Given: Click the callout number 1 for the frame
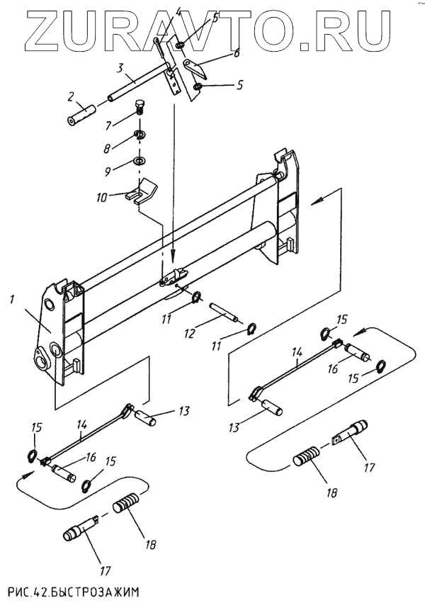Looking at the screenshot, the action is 12,299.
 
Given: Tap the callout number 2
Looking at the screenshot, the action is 71,97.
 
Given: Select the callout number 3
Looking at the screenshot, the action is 120,69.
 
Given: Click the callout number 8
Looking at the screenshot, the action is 107,148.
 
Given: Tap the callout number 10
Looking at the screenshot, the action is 102,198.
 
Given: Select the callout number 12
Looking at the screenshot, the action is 189,333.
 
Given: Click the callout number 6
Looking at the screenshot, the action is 237,52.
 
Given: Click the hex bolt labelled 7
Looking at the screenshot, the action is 140,108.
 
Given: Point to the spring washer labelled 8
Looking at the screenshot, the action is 140,135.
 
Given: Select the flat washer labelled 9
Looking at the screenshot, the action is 140,159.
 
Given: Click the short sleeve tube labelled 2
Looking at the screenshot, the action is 81,114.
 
